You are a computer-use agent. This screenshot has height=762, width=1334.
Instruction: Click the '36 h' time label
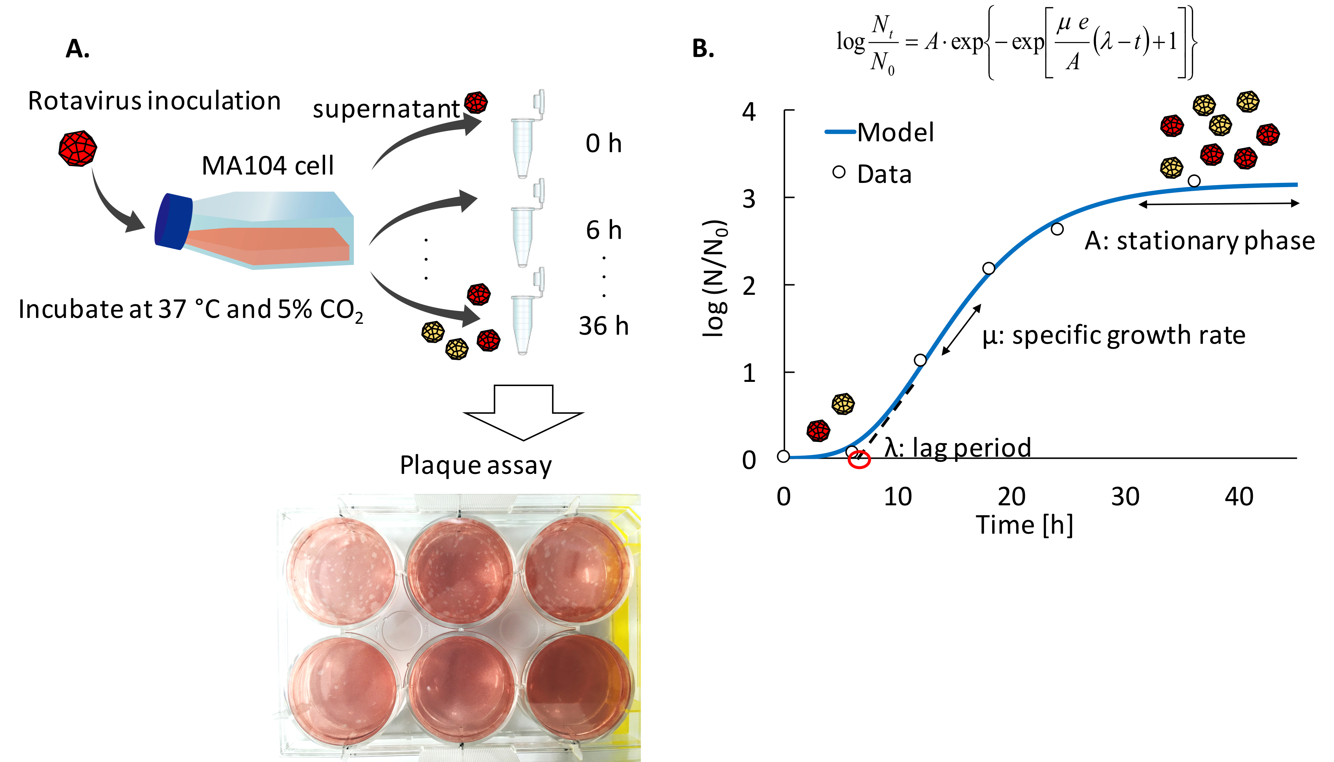603,326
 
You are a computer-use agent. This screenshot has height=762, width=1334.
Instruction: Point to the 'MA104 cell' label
267,166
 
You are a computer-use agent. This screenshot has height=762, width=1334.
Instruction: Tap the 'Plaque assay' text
475,465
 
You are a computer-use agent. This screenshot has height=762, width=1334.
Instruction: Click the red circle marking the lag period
859,460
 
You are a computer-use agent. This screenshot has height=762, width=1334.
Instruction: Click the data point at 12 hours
920,360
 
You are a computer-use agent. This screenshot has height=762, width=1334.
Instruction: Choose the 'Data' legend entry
873,174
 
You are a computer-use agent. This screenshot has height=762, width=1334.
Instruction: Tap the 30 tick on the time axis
1125,497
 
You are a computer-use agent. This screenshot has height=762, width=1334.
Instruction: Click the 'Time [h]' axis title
1024,525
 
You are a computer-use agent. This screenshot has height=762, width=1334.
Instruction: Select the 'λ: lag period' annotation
958,448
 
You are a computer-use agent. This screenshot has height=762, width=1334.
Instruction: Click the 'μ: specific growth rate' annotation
1113,335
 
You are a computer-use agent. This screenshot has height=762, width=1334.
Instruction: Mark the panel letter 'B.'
703,49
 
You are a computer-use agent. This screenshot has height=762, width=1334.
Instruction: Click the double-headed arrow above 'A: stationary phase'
1219,204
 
